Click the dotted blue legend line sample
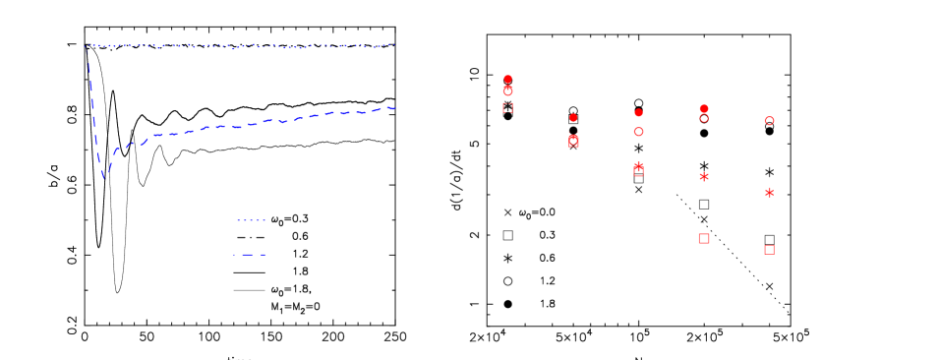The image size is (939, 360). pyautogui.click(x=251, y=220)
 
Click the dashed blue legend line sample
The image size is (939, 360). pyautogui.click(x=251, y=255)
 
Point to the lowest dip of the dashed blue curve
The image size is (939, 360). pyautogui.click(x=103, y=178)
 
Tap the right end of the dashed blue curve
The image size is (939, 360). pyautogui.click(x=393, y=107)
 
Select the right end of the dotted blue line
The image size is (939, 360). pyautogui.click(x=393, y=44)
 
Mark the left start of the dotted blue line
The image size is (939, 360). pyautogui.click(x=86, y=45)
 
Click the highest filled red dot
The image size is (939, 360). pyautogui.click(x=507, y=79)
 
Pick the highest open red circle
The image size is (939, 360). pyautogui.click(x=507, y=90)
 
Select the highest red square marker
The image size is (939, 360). pyautogui.click(x=507, y=107)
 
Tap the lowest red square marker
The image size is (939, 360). pyautogui.click(x=769, y=250)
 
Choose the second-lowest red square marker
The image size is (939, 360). pyautogui.click(x=704, y=238)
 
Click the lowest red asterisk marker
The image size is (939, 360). pyautogui.click(x=769, y=193)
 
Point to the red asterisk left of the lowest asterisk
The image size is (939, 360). pyautogui.click(x=704, y=177)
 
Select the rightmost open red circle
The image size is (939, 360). pyautogui.click(x=769, y=121)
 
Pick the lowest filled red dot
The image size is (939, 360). pyautogui.click(x=573, y=118)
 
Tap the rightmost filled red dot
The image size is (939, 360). pyautogui.click(x=704, y=108)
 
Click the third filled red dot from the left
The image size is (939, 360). pyautogui.click(x=638, y=113)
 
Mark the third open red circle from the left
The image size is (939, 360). pyautogui.click(x=638, y=132)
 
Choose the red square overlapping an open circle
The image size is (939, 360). pyautogui.click(x=573, y=142)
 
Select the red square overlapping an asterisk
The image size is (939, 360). pyautogui.click(x=638, y=170)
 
